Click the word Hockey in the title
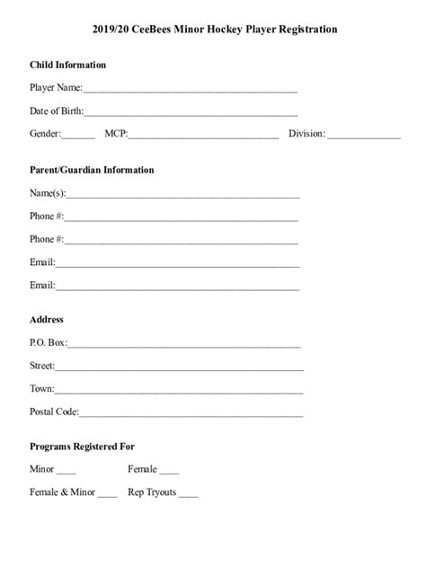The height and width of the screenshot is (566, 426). [x=217, y=30]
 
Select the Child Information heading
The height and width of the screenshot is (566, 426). [x=68, y=65]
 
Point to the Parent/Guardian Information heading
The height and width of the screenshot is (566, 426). [x=92, y=170]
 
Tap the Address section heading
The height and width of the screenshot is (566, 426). [x=47, y=320]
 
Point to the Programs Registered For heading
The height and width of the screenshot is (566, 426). [x=82, y=447]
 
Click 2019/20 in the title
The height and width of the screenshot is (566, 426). [x=112, y=30]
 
